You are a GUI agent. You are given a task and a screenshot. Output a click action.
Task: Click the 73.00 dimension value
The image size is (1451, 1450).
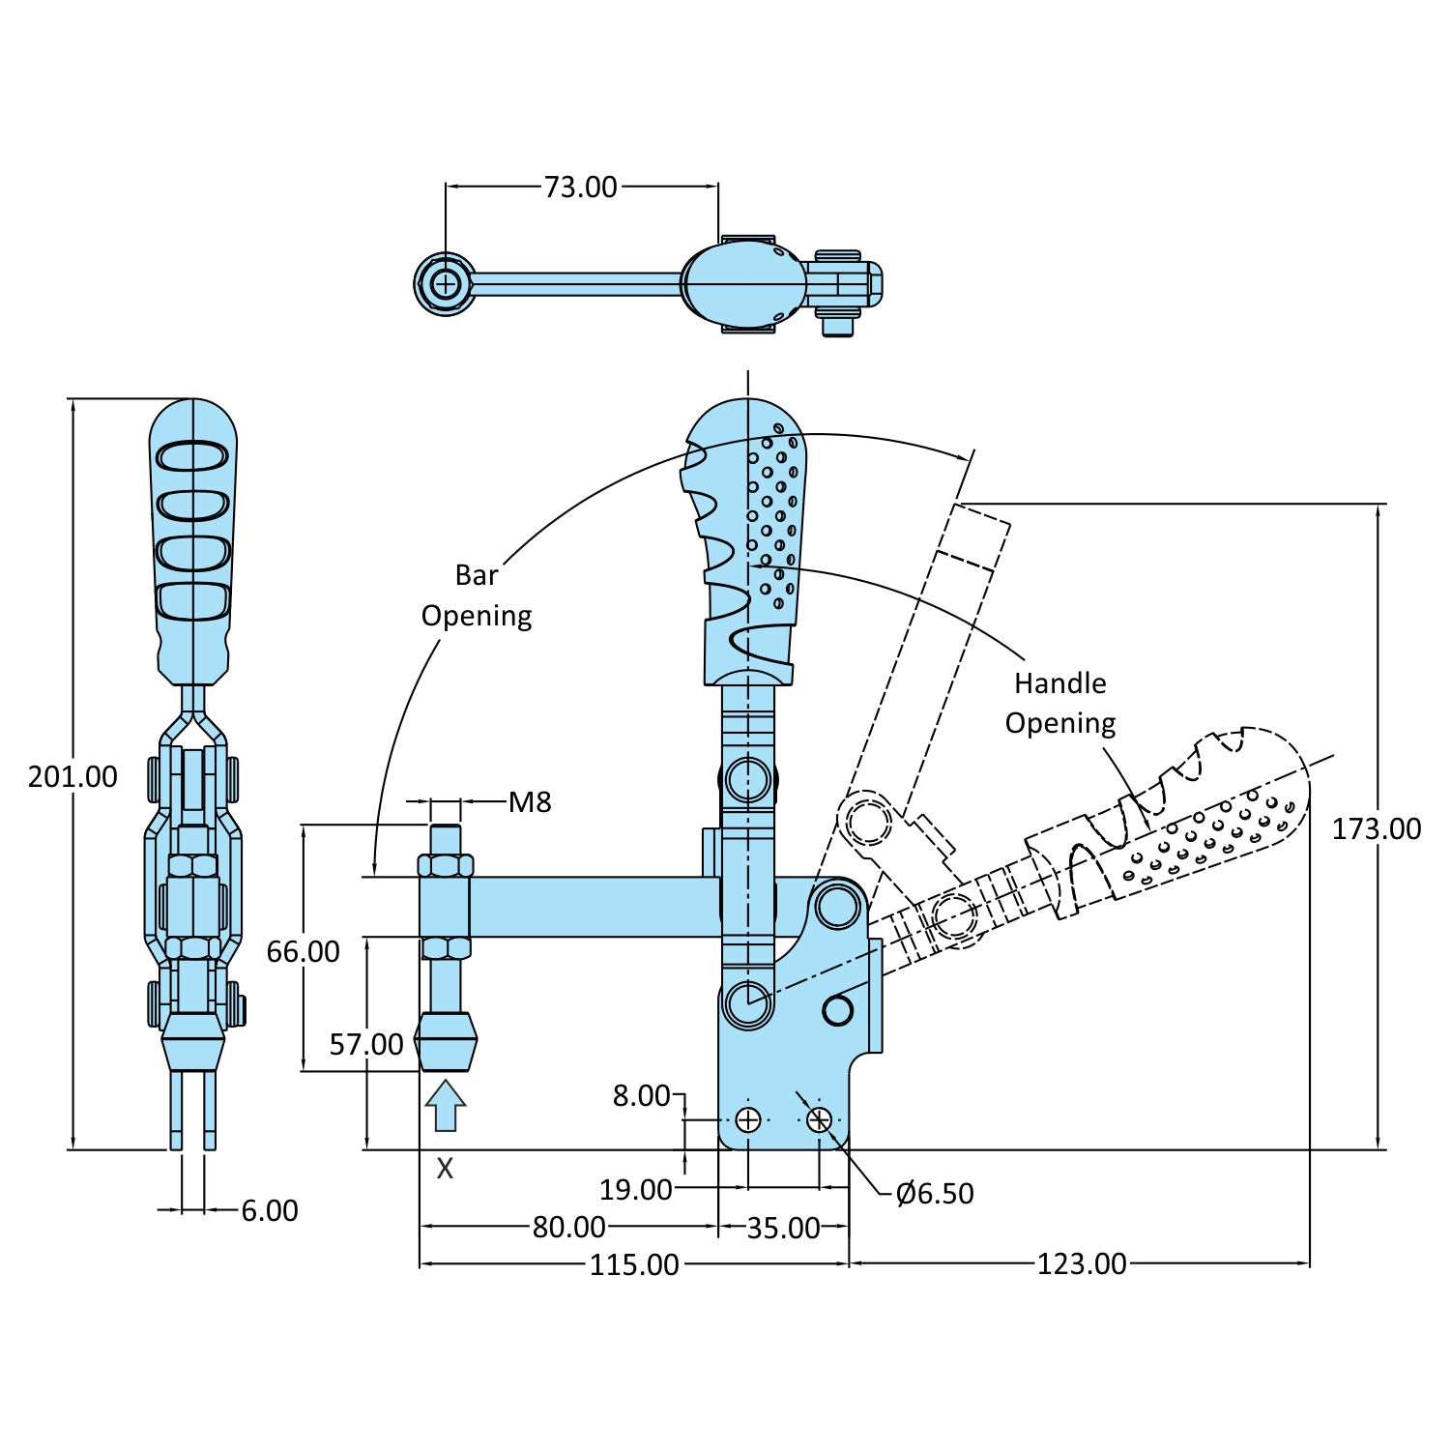pyautogui.click(x=580, y=187)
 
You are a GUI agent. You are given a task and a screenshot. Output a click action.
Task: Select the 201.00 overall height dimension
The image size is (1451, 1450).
pyautogui.click(x=73, y=776)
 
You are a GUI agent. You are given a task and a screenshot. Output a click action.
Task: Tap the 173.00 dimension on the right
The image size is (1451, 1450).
pyautogui.click(x=1376, y=828)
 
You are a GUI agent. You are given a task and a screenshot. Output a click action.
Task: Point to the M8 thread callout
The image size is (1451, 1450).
pyautogui.click(x=530, y=801)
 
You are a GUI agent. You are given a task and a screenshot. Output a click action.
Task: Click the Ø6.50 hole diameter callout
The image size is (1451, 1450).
pyautogui.click(x=935, y=1194)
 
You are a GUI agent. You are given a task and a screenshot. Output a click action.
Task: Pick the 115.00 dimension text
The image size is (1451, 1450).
pyautogui.click(x=634, y=1264)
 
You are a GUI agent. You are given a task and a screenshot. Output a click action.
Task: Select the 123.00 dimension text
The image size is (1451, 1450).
pyautogui.click(x=1082, y=1263)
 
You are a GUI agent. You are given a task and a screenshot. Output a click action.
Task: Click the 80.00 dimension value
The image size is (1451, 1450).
pyautogui.click(x=568, y=1227)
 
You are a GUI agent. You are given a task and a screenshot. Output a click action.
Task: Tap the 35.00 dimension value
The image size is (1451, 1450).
pyautogui.click(x=783, y=1228)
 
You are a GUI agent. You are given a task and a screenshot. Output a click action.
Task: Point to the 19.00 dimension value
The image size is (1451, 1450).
pyautogui.click(x=635, y=1189)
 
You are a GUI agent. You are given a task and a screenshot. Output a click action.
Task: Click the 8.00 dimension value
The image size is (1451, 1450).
pyautogui.click(x=641, y=1095)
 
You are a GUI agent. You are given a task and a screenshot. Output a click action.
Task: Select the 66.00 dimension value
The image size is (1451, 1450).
pyautogui.click(x=303, y=951)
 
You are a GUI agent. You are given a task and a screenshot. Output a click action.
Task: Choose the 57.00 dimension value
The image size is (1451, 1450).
pyautogui.click(x=366, y=1044)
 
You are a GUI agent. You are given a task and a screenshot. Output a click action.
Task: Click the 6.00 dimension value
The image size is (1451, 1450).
pyautogui.click(x=270, y=1210)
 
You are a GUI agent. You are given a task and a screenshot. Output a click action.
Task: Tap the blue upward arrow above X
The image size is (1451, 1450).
pyautogui.click(x=445, y=1105)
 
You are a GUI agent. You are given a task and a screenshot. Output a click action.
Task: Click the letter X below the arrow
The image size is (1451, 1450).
pyautogui.click(x=445, y=1169)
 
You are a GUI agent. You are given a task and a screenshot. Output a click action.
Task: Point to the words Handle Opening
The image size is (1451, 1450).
pyautogui.click(x=1060, y=703)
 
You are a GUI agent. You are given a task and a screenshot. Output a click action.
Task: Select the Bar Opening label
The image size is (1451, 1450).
pyautogui.click(x=477, y=595)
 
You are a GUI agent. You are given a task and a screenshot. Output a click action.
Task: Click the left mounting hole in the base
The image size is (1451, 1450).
pyautogui.click(x=748, y=1119)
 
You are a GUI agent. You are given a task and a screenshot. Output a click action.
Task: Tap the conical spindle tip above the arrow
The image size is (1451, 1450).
pyautogui.click(x=446, y=1041)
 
